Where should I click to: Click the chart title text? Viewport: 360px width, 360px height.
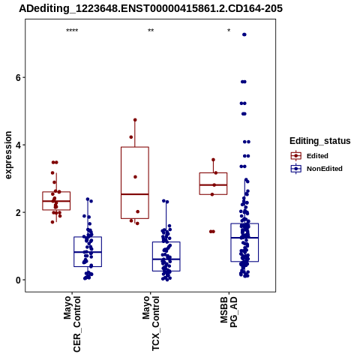[151, 9]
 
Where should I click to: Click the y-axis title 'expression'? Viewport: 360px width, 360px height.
[8, 155]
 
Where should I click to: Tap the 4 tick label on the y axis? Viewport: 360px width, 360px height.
[19, 145]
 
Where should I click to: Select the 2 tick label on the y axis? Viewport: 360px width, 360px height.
[19, 212]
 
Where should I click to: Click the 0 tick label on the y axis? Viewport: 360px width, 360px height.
[19, 280]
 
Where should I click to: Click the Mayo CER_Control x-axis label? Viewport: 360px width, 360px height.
[72, 324]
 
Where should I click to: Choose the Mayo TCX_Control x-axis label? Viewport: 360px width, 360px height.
[151, 323]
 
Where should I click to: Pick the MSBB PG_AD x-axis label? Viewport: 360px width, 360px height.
[229, 312]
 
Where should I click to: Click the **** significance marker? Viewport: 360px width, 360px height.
[72, 31]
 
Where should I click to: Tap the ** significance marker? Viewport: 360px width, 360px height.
[151, 31]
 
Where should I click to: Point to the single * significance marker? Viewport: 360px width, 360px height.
[229, 31]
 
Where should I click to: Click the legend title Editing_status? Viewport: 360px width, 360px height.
[320, 141]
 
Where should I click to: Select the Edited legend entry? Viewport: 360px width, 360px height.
[317, 156]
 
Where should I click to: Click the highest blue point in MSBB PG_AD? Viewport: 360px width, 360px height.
[244, 34]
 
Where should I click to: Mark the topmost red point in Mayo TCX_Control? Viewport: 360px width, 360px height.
[135, 120]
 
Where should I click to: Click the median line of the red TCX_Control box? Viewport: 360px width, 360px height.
[135, 194]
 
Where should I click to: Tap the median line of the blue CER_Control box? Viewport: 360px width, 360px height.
[88, 252]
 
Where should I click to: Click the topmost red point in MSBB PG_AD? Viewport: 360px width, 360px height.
[213, 160]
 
